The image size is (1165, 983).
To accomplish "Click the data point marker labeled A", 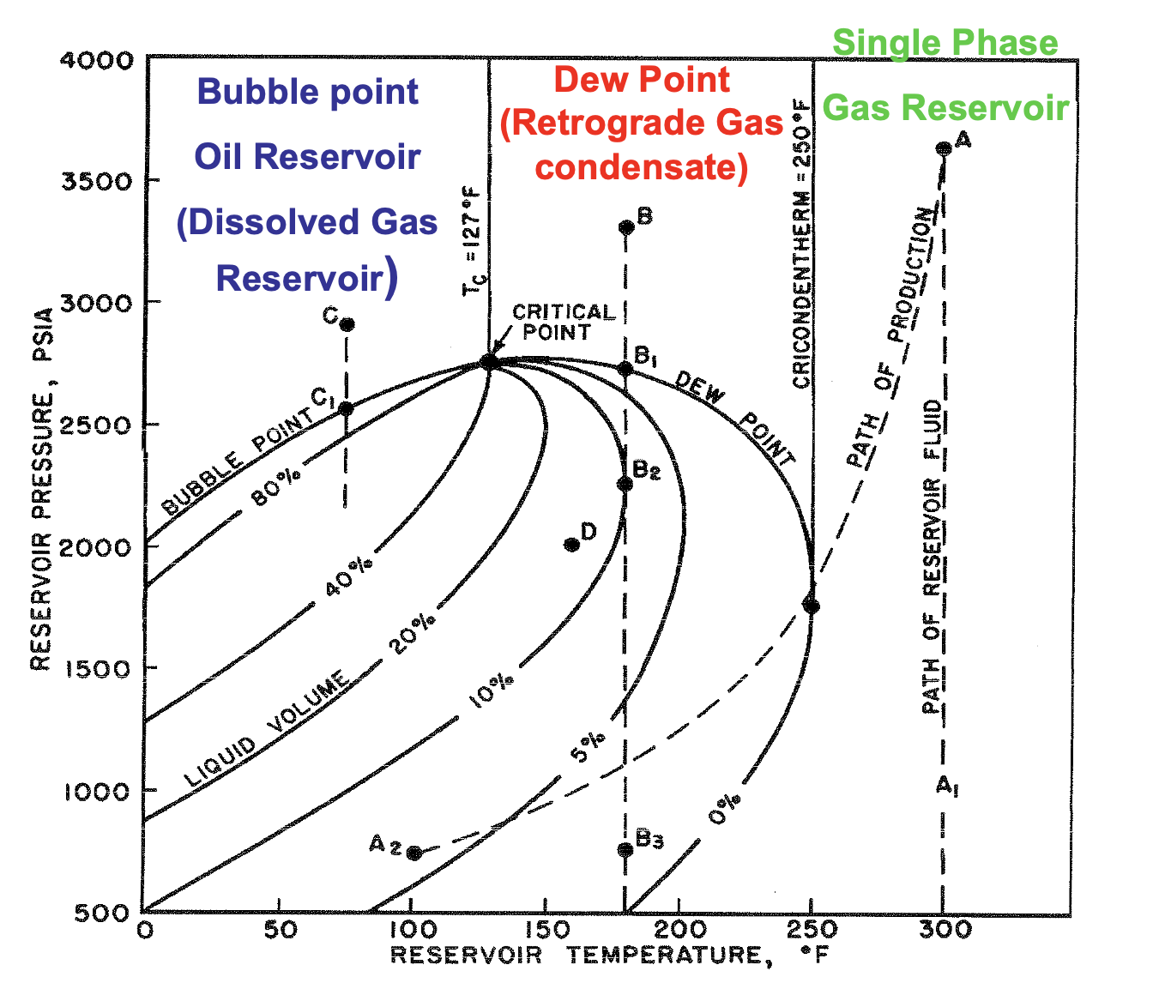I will (x=943, y=148).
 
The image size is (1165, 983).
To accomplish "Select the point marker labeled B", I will (x=626, y=227).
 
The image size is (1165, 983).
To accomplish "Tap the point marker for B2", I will (x=625, y=484).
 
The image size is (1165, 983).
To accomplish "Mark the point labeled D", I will (x=572, y=545).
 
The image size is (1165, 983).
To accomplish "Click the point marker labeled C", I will (x=347, y=324).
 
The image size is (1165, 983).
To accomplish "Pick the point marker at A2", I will (x=413, y=853).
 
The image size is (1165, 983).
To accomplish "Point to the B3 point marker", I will (x=625, y=849).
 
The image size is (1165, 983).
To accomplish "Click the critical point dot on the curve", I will (x=488, y=362).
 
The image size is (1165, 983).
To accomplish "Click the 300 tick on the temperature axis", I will (x=943, y=930).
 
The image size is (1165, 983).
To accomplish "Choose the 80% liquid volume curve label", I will (x=275, y=490).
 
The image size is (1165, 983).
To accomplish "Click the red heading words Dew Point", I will (x=641, y=80).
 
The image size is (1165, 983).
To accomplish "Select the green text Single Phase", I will (x=945, y=43).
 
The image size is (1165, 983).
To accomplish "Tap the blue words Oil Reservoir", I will (x=307, y=157).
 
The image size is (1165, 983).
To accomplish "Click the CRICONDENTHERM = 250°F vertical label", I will (x=800, y=244).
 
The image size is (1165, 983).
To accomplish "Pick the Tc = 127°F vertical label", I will (x=474, y=245).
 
